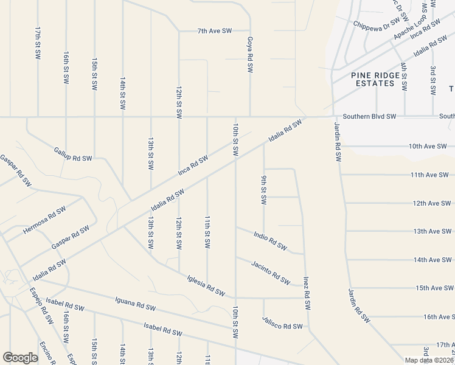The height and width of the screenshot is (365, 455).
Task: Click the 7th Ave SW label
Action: click(x=214, y=30)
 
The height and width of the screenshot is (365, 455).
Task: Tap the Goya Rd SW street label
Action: click(x=250, y=55)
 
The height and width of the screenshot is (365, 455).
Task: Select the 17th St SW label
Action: click(x=38, y=43)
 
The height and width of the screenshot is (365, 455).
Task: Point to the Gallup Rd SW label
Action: click(x=72, y=154)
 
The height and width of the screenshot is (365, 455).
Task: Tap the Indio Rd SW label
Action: click(x=270, y=240)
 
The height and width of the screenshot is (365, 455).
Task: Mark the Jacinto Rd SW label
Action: click(x=270, y=272)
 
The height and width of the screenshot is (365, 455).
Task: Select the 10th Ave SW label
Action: click(x=428, y=147)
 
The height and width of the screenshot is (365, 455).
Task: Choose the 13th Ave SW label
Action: click(x=431, y=232)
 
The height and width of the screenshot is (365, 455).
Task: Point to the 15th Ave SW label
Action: click(x=434, y=288)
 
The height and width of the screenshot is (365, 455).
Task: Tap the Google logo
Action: click(x=20, y=358)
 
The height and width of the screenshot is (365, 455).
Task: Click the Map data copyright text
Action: click(x=429, y=360)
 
